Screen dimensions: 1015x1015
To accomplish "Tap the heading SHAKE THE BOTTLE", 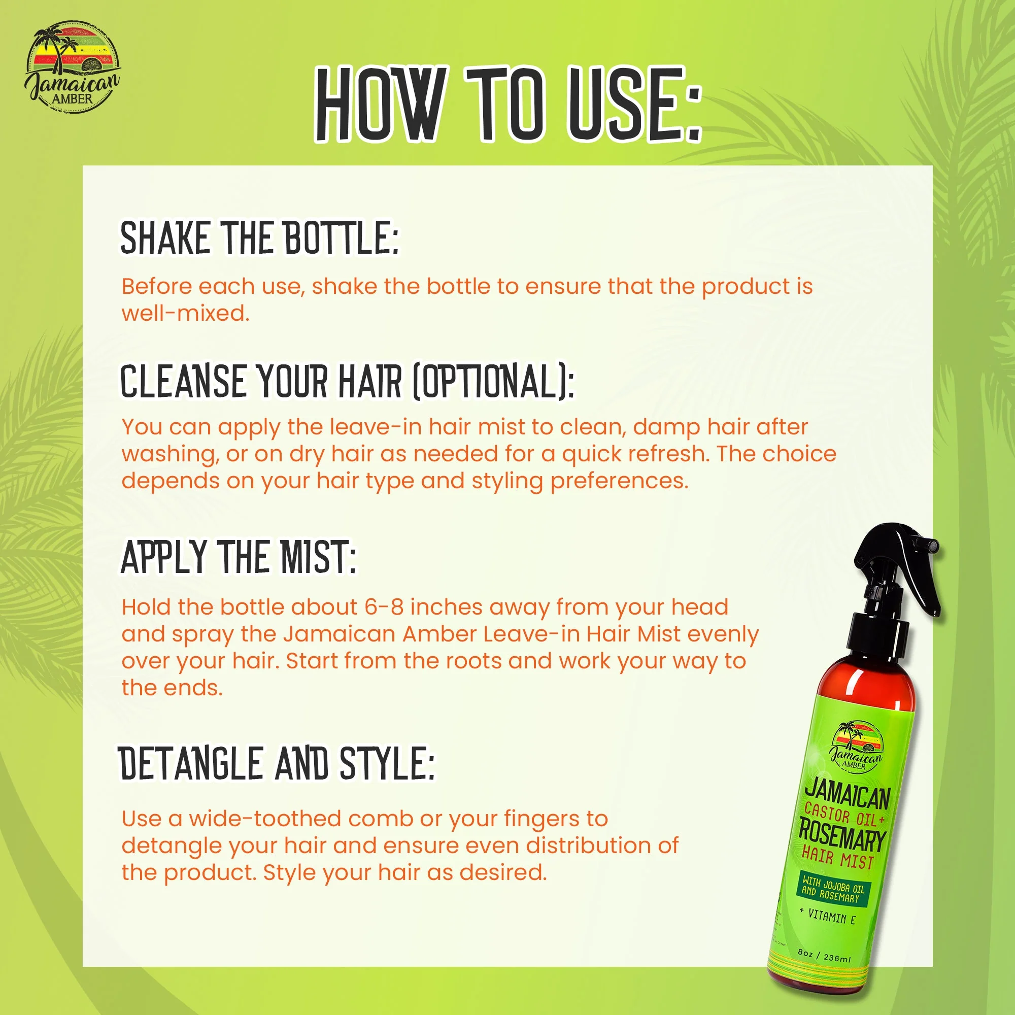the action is (x=259, y=238).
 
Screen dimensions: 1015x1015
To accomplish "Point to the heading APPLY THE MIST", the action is (x=239, y=557).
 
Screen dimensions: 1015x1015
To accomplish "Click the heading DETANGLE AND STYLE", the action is (x=277, y=764).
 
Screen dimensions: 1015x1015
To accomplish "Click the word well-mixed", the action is (x=185, y=314).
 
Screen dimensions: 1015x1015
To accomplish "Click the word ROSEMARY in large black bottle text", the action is (x=841, y=836).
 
